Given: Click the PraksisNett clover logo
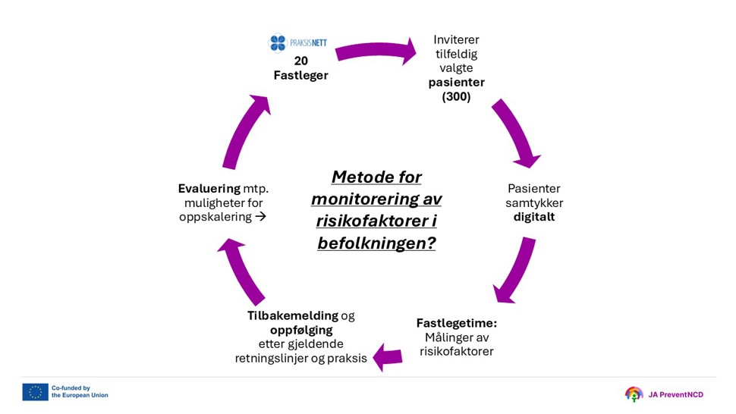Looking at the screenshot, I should (278, 43).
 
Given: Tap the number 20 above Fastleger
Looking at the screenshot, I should (300, 61).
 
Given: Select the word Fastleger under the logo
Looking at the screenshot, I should (300, 75).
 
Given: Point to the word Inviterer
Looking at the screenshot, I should (456, 39).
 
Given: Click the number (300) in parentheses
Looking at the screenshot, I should (456, 96).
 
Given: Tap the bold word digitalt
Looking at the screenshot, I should (534, 217).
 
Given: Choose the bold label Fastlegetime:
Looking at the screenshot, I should (456, 322).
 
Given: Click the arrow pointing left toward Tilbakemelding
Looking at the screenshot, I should (388, 356).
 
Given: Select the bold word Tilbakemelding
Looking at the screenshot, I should (292, 315).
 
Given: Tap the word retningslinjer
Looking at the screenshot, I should (271, 358).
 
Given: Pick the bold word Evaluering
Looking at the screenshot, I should (209, 188).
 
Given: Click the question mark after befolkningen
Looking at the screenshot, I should (430, 244).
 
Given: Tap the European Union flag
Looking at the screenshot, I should (35, 391).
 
